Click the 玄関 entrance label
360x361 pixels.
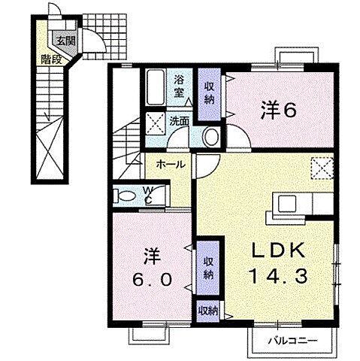coord(66,41)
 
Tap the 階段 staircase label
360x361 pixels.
coord(51,59)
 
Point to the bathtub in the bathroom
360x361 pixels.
coord(155,87)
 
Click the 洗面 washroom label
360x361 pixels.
coord(179,121)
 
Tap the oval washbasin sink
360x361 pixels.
coord(211,137)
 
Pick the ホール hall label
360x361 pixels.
coord(171,165)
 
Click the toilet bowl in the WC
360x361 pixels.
coord(126,196)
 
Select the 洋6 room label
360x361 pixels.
coord(278,110)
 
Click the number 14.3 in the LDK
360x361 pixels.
coord(278,275)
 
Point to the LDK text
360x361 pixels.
coord(278,250)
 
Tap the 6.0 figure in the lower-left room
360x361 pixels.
coord(152,279)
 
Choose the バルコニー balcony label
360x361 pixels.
coord(293,341)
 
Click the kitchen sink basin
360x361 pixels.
coord(287,204)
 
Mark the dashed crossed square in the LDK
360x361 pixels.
coord(322,168)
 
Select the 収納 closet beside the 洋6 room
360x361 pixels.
coord(210,94)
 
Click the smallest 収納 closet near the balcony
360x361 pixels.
coord(207,311)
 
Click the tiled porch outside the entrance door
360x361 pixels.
coord(104,37)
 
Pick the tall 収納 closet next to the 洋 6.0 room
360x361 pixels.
coord(207,268)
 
